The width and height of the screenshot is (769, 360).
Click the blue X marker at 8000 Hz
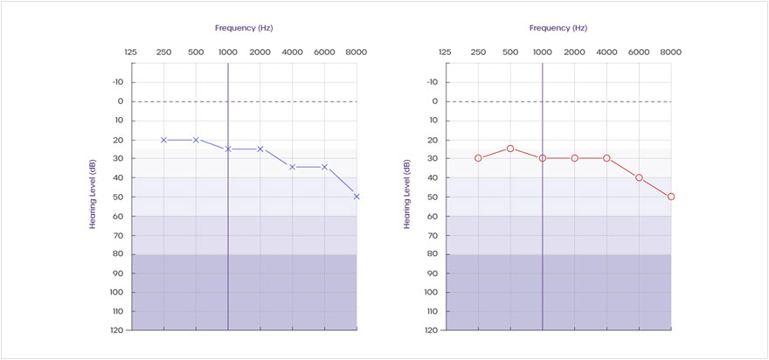[357, 197]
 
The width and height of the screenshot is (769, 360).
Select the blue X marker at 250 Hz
[163, 140]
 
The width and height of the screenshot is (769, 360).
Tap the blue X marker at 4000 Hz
[292, 167]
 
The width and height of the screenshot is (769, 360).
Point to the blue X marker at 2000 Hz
[260, 149]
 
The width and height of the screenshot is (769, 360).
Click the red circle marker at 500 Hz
[510, 149]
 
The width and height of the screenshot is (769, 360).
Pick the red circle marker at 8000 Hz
[671, 197]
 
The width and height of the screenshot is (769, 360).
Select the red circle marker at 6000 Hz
[639, 177]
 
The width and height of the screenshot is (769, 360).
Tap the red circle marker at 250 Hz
[478, 158]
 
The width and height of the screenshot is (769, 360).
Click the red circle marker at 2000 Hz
[575, 158]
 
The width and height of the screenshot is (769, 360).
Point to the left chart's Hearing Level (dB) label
[92, 195]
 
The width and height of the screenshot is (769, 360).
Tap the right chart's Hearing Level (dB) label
[406, 195]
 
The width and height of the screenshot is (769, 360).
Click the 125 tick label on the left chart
[131, 52]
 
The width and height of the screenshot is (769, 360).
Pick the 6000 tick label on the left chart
[324, 52]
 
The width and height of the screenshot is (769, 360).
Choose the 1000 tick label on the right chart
[542, 52]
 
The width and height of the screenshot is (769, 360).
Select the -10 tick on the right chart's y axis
[432, 82]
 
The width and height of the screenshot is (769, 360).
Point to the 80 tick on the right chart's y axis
[433, 254]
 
